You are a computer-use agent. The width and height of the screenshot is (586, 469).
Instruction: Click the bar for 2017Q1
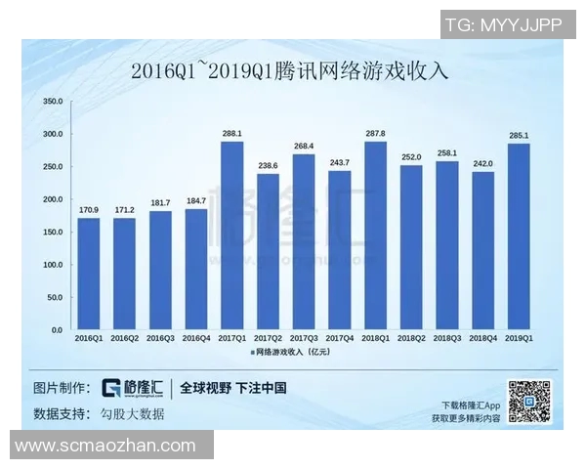(x=231, y=235)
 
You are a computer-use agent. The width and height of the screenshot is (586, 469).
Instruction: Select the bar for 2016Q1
(x=88, y=274)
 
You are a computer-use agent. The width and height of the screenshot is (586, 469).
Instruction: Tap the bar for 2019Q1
(x=519, y=236)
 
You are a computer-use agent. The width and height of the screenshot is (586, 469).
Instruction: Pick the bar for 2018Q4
(x=482, y=251)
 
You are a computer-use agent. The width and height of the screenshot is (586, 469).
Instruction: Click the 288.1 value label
(x=231, y=134)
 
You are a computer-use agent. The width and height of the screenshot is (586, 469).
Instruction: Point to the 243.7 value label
(x=339, y=162)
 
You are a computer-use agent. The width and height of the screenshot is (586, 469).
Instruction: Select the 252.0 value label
(x=411, y=157)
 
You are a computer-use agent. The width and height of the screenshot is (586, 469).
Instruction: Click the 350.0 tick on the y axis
(x=54, y=102)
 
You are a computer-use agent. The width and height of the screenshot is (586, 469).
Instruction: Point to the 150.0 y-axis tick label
(x=54, y=233)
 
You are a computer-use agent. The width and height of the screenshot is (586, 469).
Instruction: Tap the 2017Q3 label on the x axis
(x=304, y=338)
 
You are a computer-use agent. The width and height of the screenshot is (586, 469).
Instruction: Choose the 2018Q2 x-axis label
(x=411, y=338)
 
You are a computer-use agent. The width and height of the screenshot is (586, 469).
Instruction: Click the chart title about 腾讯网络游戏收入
(x=292, y=71)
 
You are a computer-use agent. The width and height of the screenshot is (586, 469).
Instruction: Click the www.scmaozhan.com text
(x=105, y=446)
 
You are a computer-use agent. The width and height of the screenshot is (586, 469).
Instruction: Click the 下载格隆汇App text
(x=471, y=405)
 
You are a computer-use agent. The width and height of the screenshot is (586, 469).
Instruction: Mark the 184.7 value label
(x=195, y=201)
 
